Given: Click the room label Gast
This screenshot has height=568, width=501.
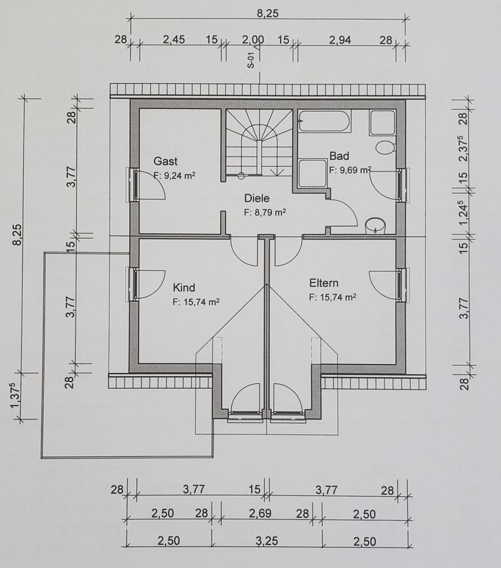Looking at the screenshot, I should [x=165, y=161].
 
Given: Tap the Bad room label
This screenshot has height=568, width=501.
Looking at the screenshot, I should [x=339, y=156].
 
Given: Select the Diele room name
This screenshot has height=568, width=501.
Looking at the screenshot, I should [x=257, y=199].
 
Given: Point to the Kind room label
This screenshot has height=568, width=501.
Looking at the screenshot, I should [x=184, y=288].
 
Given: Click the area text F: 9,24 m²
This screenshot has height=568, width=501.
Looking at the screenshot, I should [x=175, y=175].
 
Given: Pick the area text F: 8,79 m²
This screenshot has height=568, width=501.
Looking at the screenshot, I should [x=265, y=212].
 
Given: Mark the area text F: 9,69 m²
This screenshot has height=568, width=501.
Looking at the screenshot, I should [x=350, y=169].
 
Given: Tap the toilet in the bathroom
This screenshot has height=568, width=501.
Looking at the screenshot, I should [x=386, y=147].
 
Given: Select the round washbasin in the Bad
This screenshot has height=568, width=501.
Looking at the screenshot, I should [x=375, y=225].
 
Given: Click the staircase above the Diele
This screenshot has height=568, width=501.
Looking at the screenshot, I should [x=259, y=142].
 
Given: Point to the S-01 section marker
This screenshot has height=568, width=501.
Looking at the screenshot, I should [x=251, y=61].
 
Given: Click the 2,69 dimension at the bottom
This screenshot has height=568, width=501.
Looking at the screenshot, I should [x=261, y=514].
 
